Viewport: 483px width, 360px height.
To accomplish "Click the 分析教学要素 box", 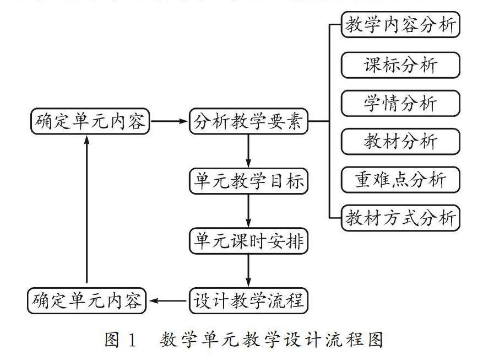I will tap(248, 122).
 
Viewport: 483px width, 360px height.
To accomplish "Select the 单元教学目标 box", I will tap(248, 181).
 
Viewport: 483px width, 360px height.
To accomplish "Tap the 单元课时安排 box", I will tap(248, 241).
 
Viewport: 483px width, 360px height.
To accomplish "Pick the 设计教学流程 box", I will tap(248, 301).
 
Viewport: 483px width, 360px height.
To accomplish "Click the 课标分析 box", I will tap(400, 65).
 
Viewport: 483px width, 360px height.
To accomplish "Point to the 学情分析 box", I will tap(400, 103).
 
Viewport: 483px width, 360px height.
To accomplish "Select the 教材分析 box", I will tap(400, 141).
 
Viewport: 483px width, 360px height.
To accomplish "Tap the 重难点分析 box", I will tap(400, 180).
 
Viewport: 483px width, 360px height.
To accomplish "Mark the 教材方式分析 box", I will tap(400, 218).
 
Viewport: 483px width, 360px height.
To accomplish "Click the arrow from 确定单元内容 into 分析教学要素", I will tap(169, 122).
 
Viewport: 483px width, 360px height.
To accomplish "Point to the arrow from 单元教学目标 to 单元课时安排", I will tap(248, 211).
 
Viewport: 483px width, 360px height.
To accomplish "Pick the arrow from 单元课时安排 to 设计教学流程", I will tap(248, 270).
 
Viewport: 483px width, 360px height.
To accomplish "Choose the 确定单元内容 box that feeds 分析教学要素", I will tap(90, 122).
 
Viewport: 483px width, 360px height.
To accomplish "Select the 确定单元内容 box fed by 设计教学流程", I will tap(86, 301).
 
